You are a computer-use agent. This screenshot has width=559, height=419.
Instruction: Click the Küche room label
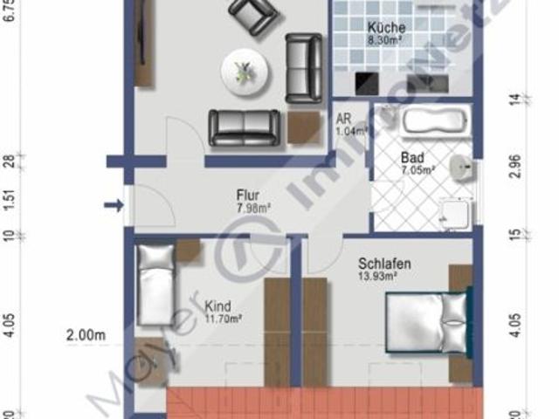tap(386, 26)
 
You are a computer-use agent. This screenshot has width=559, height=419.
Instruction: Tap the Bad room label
tap(412, 158)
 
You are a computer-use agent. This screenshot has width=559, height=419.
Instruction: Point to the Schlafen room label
tap(384, 263)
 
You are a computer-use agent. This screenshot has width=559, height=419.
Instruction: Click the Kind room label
tap(217, 306)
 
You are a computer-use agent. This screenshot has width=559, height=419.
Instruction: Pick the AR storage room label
tap(344, 120)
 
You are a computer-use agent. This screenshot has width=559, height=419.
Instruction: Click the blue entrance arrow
tap(114, 205)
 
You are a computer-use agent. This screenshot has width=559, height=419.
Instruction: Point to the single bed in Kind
tap(157, 284)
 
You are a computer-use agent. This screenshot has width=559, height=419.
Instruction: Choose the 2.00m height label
tap(85, 334)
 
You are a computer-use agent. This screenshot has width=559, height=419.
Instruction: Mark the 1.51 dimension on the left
tap(10, 201)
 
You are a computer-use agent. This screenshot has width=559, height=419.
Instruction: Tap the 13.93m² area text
tap(378, 276)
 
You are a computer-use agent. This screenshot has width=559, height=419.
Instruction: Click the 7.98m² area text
tap(252, 209)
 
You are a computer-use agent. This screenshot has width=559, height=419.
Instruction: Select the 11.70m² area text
tap(223, 319)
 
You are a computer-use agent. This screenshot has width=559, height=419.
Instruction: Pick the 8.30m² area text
tap(384, 39)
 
